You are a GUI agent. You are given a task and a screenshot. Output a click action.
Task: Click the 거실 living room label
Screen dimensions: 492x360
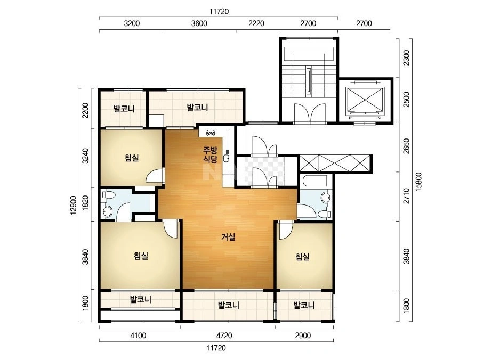(228, 237)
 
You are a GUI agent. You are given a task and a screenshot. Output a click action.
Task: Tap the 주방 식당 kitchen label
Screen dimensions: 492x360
(210, 154)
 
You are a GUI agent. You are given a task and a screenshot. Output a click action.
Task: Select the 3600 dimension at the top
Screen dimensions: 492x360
(199, 23)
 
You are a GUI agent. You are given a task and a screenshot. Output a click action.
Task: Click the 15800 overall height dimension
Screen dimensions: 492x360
(419, 182)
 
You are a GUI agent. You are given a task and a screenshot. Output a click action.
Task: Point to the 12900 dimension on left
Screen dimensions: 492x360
(74, 205)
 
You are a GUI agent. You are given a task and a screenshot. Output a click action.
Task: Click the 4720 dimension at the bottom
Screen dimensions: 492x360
(224, 336)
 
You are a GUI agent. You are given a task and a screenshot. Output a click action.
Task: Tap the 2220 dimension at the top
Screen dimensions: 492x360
(256, 23)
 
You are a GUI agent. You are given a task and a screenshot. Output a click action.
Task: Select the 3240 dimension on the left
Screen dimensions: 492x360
(85, 156)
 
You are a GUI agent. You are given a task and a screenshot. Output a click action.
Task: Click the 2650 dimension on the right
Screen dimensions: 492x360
(406, 146)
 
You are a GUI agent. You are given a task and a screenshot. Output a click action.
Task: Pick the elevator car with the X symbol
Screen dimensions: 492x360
(365, 100)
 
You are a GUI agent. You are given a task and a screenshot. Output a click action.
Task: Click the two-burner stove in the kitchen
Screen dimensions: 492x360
(211, 133)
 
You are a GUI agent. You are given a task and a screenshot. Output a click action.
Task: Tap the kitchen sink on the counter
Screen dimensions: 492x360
(226, 156)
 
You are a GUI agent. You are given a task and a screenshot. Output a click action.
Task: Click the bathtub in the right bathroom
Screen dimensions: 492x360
(314, 182)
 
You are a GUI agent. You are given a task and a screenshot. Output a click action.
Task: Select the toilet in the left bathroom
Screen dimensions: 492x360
(108, 195)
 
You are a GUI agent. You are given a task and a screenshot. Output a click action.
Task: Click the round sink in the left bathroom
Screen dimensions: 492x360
(107, 211)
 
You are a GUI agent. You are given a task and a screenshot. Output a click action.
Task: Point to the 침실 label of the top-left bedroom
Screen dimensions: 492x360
(132, 157)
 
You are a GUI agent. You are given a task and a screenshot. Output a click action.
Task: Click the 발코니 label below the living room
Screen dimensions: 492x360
(229, 305)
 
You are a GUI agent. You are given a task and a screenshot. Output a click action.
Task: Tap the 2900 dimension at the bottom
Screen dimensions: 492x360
(303, 336)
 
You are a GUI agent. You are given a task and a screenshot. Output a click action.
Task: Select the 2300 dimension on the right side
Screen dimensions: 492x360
(406, 58)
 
